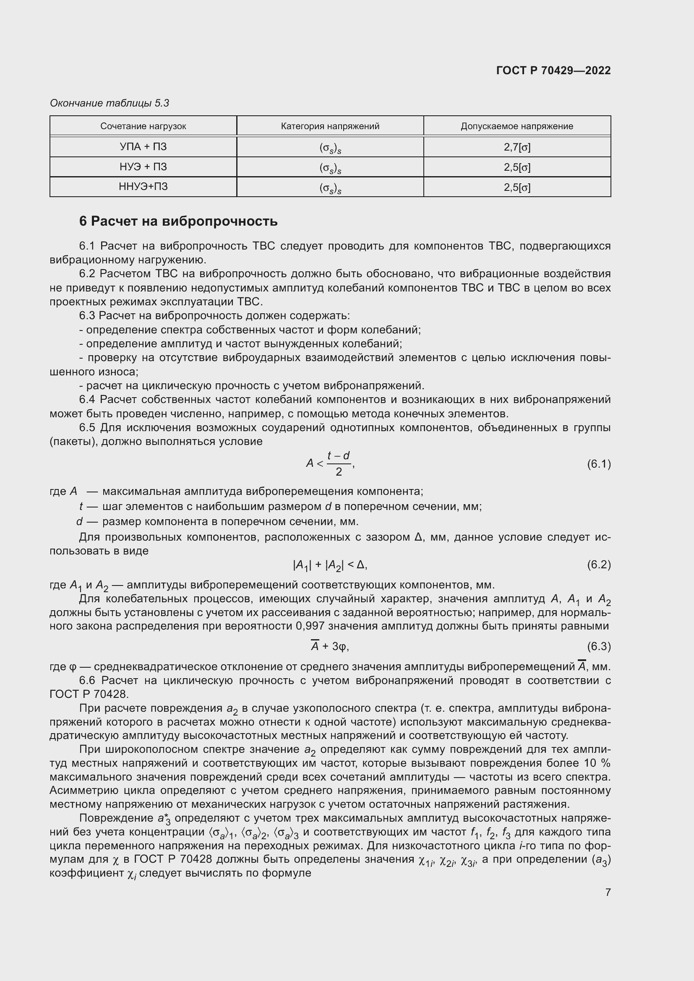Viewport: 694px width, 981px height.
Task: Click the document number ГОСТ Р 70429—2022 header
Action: pos(553,70)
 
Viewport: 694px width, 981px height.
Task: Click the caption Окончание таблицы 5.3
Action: pos(110,103)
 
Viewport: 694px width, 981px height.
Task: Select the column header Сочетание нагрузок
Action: pos(143,126)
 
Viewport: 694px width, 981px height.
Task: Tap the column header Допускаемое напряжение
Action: pos(517,126)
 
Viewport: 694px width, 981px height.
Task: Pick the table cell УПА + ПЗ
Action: pos(143,146)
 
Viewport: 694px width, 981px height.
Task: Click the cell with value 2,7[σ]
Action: pos(517,147)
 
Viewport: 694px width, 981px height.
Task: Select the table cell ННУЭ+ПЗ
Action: pos(143,187)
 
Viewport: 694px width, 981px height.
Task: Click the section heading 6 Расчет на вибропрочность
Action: pos(178,221)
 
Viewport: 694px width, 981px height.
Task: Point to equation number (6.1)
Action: pos(599,463)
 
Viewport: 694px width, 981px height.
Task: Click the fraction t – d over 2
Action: pos(339,463)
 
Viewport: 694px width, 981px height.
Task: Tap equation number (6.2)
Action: pos(599,565)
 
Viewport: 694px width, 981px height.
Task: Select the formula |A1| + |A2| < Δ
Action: pos(330,565)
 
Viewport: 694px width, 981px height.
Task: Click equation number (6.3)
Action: pos(599,646)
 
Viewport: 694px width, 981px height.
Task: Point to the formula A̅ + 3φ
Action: pos(330,646)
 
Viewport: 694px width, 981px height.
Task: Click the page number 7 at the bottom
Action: pos(608,892)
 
